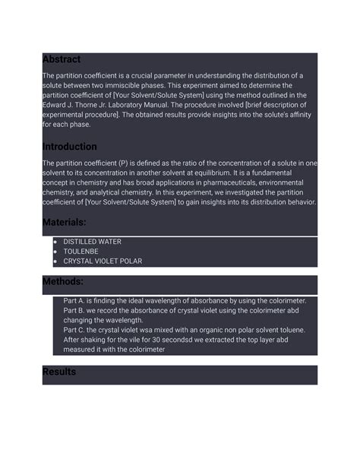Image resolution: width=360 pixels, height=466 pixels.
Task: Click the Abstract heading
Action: point(61,59)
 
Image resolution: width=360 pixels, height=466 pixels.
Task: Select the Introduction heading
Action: point(69,147)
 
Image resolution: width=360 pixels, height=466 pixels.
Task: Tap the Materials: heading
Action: point(64,222)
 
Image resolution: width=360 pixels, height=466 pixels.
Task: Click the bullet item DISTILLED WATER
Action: point(92,242)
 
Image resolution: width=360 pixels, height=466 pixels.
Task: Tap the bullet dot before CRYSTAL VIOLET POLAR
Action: point(55,262)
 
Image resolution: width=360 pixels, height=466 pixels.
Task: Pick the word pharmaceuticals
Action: point(218,183)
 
